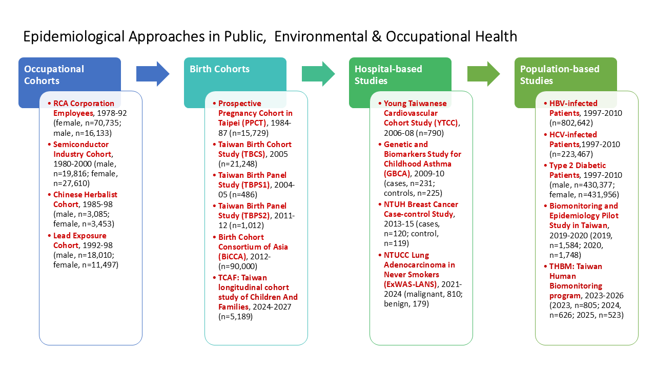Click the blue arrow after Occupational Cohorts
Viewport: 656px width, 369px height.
pyautogui.click(x=153, y=74)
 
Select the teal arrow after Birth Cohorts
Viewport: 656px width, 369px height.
pyautogui.click(x=318, y=74)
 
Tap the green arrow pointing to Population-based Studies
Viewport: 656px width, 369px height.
pyautogui.click(x=483, y=74)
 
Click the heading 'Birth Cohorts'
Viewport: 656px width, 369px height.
pyautogui.click(x=220, y=69)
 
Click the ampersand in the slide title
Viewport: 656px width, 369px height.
pyautogui.click(x=377, y=36)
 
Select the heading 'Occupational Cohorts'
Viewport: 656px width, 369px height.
pyautogui.click(x=54, y=75)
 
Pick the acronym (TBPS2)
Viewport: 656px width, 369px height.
pyautogui.click(x=255, y=216)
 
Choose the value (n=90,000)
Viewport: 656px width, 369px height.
pyautogui.click(x=238, y=266)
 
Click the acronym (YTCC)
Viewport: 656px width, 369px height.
pyautogui.click(x=444, y=123)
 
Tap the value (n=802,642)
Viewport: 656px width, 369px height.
pyautogui.click(x=571, y=123)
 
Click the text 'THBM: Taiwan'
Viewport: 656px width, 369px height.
pyautogui.click(x=576, y=266)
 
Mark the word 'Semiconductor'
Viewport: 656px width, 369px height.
pyautogui.click(x=81, y=145)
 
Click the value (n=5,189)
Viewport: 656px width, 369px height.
pyautogui.click(x=235, y=317)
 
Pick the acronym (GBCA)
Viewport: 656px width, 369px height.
pyautogui.click(x=397, y=174)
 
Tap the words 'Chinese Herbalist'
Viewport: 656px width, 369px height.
pyautogui.click(x=85, y=195)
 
